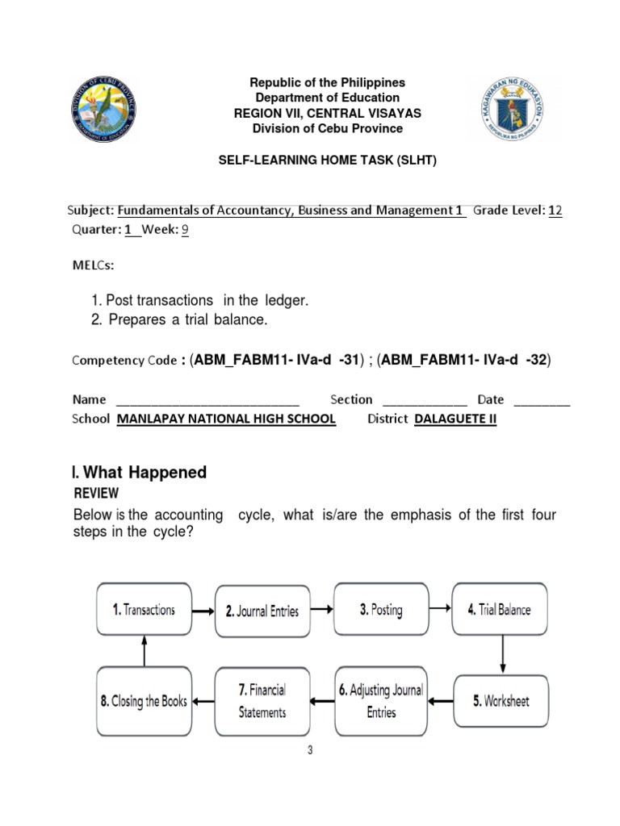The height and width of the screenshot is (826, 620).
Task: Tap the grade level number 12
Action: tap(555, 211)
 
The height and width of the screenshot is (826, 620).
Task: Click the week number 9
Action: tap(184, 229)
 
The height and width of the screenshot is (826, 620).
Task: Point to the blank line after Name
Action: tap(207, 400)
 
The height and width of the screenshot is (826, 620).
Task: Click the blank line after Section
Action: tap(424, 400)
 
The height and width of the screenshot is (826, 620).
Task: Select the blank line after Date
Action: tap(541, 400)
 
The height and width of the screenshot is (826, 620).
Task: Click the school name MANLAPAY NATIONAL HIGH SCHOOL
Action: tap(226, 419)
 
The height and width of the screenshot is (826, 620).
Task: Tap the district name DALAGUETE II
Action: tap(455, 419)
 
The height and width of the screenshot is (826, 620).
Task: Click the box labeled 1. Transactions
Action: tap(144, 610)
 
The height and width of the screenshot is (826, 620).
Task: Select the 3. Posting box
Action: tap(381, 610)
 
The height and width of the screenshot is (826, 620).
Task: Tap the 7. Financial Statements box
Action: tap(262, 701)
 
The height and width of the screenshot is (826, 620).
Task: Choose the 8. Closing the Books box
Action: tap(144, 701)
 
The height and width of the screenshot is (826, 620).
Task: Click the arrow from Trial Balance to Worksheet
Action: tap(502, 655)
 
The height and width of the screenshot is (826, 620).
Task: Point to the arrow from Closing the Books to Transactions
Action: tap(144, 650)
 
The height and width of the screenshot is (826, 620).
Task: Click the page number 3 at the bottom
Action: tap(309, 750)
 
